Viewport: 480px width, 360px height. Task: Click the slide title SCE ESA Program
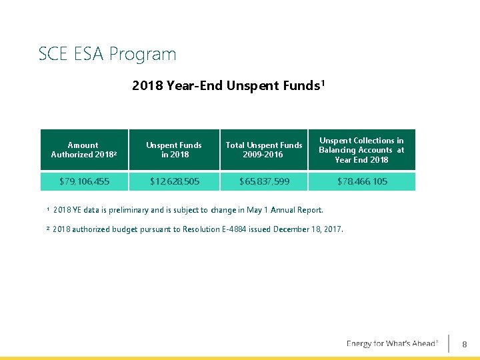[107, 53]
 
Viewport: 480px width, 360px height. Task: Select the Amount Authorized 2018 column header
[84, 150]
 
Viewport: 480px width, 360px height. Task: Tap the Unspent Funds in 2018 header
[173, 150]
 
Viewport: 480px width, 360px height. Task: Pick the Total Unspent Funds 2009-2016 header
[264, 150]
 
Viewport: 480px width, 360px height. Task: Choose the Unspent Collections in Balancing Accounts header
[361, 150]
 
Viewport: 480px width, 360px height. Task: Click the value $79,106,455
[84, 181]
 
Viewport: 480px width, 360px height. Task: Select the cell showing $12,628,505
[173, 181]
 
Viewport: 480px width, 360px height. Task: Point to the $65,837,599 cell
[264, 181]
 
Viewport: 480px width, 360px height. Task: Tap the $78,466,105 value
[361, 181]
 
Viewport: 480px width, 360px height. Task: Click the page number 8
[465, 344]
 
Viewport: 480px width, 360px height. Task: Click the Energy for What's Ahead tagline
[392, 343]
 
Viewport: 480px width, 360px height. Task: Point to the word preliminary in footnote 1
[139, 210]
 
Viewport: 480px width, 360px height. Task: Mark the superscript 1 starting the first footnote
[48, 209]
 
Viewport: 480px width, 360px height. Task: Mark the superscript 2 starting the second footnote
[48, 229]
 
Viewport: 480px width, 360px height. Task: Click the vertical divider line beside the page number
[449, 343]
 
